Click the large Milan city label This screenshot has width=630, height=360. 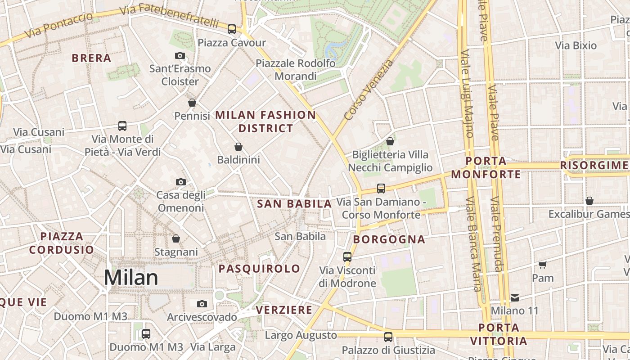pyautogui.click(x=131, y=278)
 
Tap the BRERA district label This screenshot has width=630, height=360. pyautogui.click(x=91, y=58)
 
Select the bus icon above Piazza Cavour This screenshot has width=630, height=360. pyautogui.click(x=232, y=29)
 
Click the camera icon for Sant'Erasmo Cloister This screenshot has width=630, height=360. pyautogui.click(x=180, y=55)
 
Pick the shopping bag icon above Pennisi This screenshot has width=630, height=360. pyautogui.click(x=192, y=103)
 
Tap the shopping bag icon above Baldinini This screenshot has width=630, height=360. pyautogui.click(x=238, y=147)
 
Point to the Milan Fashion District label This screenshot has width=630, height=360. pyautogui.click(x=265, y=121)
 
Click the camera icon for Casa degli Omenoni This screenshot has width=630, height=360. pyautogui.click(x=181, y=182)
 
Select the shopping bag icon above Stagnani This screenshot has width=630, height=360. pyautogui.click(x=176, y=238)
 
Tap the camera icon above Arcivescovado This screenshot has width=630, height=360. pyautogui.click(x=202, y=304)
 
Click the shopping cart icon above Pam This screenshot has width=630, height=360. pyautogui.click(x=543, y=265)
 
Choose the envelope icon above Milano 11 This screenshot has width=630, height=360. pyautogui.click(x=515, y=297)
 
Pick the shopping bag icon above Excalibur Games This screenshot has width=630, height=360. pyautogui.click(x=589, y=200)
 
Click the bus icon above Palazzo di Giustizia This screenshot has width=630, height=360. pyautogui.click(x=388, y=337)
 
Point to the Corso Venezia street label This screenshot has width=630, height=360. pyautogui.click(x=368, y=90)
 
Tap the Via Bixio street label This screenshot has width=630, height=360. pyautogui.click(x=576, y=45)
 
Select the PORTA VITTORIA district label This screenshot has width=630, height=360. pyautogui.click(x=499, y=334)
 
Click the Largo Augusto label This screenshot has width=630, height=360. pyautogui.click(x=301, y=335)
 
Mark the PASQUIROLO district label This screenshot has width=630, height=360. pyautogui.click(x=259, y=269)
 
